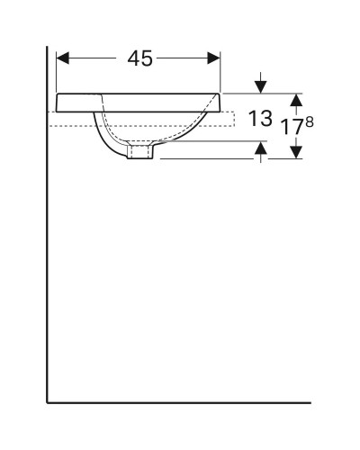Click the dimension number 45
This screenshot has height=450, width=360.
coord(139,58)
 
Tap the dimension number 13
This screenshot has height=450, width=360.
coord(262,117)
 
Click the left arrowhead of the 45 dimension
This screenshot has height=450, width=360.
coord(62,58)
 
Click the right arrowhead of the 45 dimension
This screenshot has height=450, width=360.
coord(215,58)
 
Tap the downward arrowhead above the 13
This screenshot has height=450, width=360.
coord(261,87)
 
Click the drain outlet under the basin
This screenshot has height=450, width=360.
coord(140,154)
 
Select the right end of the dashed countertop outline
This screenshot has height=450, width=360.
coord(234,119)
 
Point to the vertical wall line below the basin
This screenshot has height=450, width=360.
coord(48,270)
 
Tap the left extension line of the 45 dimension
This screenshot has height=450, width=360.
coord(57,72)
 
